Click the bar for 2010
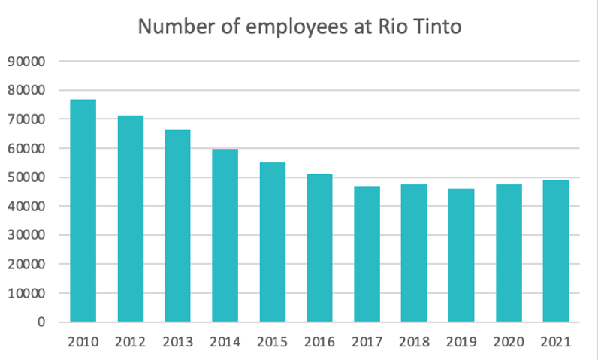coord(83,211)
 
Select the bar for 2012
coord(130,219)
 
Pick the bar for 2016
coord(319,248)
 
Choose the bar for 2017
coord(367,254)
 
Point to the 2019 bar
coord(461,255)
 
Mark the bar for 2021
coord(556,251)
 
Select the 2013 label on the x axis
coord(177,342)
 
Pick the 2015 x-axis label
coord(272,342)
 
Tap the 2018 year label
coord(414,342)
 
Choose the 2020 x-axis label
coord(509,342)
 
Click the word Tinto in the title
coord(433,28)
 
